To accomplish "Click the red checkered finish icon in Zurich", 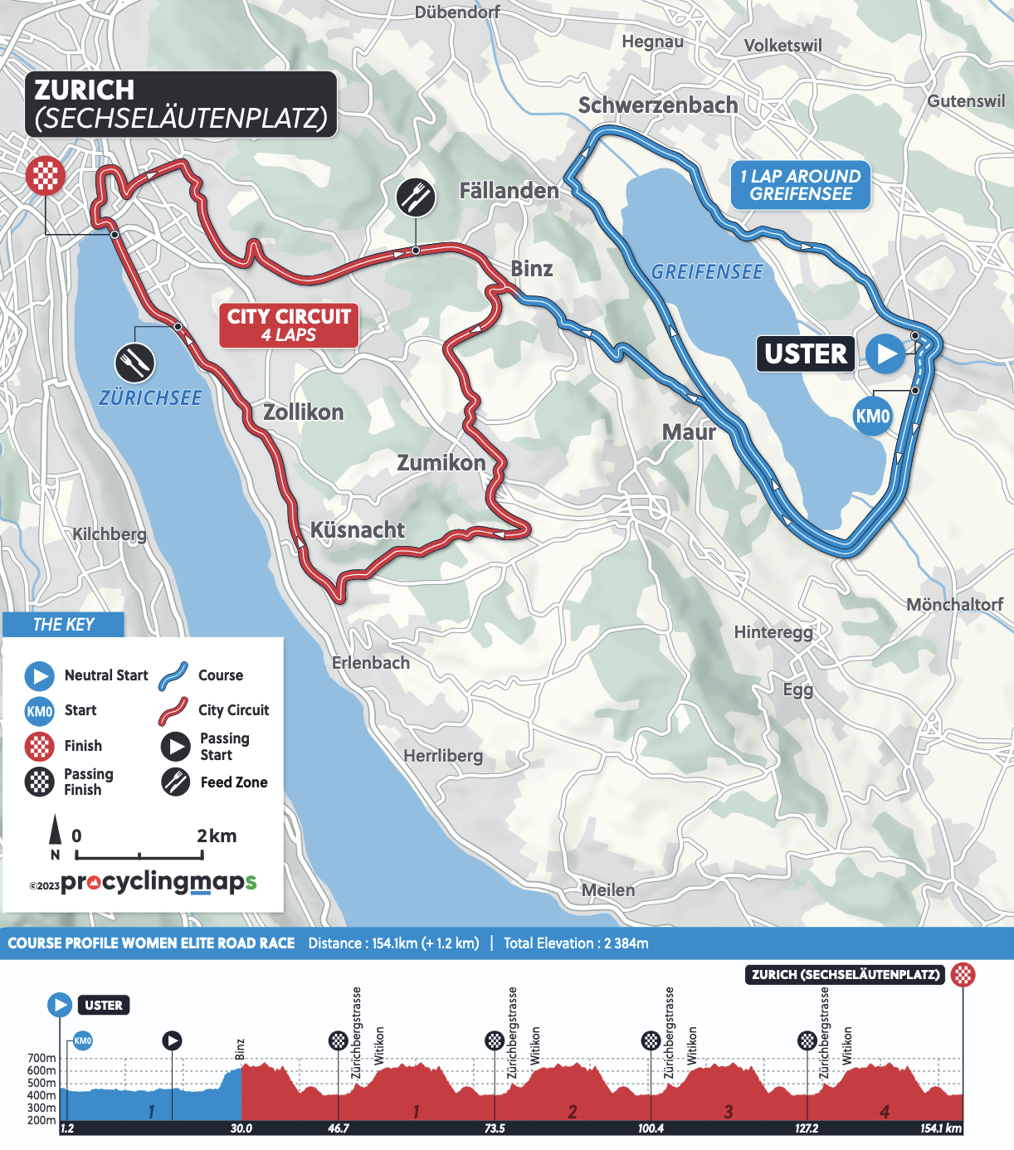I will [x=46, y=176].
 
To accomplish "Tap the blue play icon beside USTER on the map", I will [x=885, y=353].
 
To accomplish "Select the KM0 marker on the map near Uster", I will [x=872, y=416].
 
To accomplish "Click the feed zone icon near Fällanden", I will [x=415, y=197].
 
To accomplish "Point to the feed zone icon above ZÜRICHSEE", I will [x=134, y=363].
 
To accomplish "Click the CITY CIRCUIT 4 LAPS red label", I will [x=289, y=325].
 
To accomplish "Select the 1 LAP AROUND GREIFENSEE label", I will [x=801, y=185].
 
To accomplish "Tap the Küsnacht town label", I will [x=357, y=530].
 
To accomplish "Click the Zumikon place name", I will [x=441, y=462].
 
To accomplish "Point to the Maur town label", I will [x=689, y=432].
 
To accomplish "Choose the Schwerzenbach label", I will [x=657, y=105].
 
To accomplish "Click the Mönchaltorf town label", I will [x=954, y=604].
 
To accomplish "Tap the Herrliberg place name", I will [x=443, y=756].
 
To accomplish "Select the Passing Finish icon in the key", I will [x=39, y=782].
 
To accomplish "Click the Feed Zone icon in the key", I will [x=175, y=782].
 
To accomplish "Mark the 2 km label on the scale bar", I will [x=217, y=836].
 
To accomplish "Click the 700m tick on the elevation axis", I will [x=41, y=1058].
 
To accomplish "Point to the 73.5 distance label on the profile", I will [x=495, y=1128].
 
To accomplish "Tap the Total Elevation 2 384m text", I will [x=576, y=943].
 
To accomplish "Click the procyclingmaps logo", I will [x=158, y=882].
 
